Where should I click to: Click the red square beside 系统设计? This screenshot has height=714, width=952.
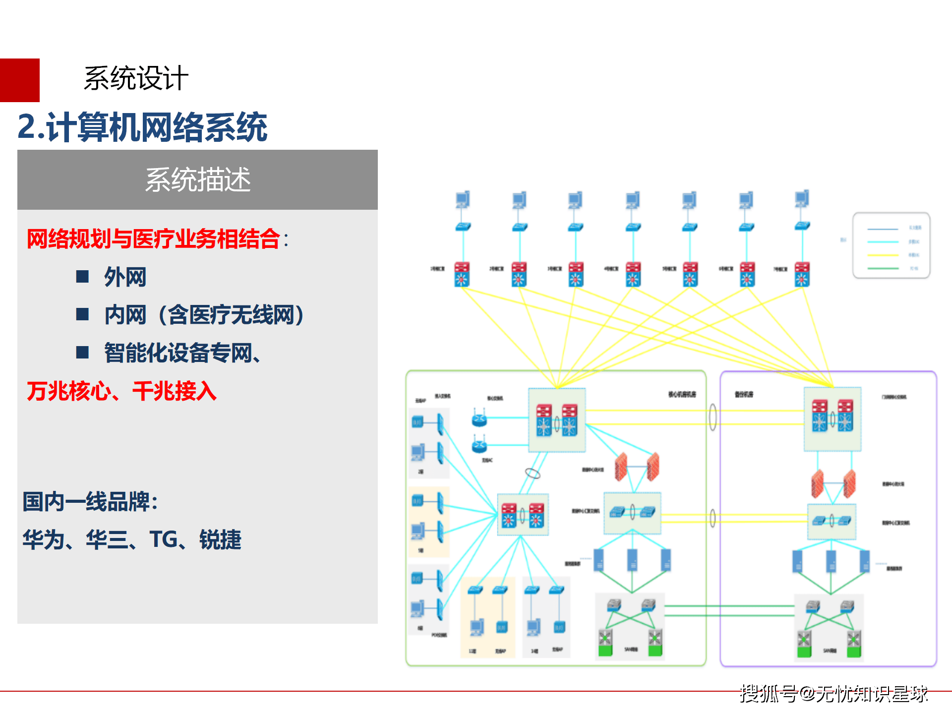(19, 80)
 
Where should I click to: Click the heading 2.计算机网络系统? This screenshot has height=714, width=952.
(142, 127)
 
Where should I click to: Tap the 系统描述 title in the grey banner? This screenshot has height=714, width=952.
(197, 179)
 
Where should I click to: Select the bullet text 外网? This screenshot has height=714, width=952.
(125, 277)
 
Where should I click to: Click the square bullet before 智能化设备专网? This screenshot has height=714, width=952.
(82, 353)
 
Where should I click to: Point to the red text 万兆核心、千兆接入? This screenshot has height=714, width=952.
(121, 391)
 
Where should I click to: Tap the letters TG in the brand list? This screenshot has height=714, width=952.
(163, 539)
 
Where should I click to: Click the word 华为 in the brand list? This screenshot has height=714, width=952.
(44, 539)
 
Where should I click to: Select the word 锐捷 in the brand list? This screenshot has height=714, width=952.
(220, 539)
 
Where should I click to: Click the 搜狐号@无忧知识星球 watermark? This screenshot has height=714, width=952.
(833, 694)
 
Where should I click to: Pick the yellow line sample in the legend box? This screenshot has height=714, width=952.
(883, 255)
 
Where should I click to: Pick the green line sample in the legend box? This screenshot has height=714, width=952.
(883, 268)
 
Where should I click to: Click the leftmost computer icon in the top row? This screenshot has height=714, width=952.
(463, 200)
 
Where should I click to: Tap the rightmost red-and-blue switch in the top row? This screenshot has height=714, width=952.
(802, 274)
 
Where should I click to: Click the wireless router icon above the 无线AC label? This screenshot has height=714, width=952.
(479, 445)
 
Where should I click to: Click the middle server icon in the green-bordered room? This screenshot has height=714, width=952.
(632, 560)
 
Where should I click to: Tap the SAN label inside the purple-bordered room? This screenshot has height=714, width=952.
(830, 651)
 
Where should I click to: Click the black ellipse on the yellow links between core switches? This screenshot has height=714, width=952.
(713, 417)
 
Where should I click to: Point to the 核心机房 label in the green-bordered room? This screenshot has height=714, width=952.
(682, 394)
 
